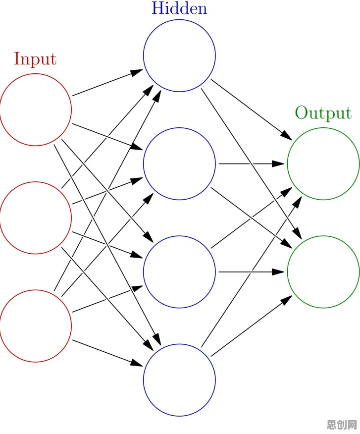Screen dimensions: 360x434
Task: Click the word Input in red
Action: [x=35, y=58]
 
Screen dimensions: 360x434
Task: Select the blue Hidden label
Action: [x=179, y=8]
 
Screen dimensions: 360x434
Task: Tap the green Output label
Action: [x=323, y=113]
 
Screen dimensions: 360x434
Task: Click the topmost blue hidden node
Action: [x=143, y=55]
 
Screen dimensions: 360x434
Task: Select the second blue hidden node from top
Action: [x=143, y=163]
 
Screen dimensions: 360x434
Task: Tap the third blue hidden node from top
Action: [x=143, y=272]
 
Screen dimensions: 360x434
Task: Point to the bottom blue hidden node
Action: [x=143, y=380]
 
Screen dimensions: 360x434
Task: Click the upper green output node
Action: [x=288, y=163]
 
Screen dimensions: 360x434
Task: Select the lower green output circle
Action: [x=288, y=272]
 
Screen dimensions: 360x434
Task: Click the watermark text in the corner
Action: [x=342, y=424]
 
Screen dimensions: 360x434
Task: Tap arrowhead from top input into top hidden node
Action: [x=136, y=72]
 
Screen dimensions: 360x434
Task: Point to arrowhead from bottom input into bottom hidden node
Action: [x=136, y=363]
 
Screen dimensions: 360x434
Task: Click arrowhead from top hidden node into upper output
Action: [x=287, y=135]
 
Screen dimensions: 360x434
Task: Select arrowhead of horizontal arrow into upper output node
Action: [x=278, y=163]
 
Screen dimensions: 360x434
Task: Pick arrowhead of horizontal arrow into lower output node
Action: [x=278, y=272]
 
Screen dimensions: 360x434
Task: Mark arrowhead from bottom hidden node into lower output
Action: [x=287, y=300]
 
